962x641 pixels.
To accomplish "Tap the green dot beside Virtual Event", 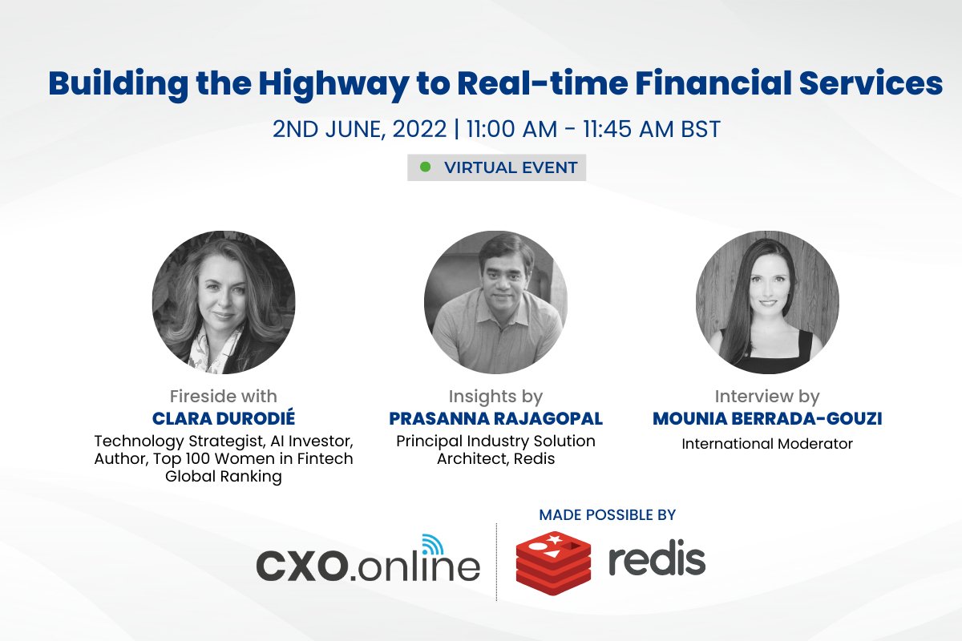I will click(x=426, y=167).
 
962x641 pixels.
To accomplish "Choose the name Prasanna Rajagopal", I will click(x=495, y=418).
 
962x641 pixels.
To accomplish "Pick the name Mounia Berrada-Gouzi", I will click(x=767, y=418).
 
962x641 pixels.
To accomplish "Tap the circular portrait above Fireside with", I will click(x=224, y=302).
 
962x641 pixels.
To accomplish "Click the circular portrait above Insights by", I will click(x=495, y=302).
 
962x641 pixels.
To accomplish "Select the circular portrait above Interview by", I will click(x=767, y=302).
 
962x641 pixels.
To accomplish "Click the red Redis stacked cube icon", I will click(x=553, y=560).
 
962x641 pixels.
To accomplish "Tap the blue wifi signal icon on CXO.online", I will click(x=432, y=545).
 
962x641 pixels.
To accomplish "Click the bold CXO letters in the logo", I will click(x=302, y=566).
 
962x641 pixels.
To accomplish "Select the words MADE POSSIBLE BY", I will click(x=608, y=514).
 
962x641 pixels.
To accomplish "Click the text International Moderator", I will click(x=767, y=443).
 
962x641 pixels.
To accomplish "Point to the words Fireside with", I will click(x=224, y=396).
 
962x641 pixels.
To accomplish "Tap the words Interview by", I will click(x=767, y=396).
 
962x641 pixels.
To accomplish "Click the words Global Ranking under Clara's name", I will click(x=224, y=477).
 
